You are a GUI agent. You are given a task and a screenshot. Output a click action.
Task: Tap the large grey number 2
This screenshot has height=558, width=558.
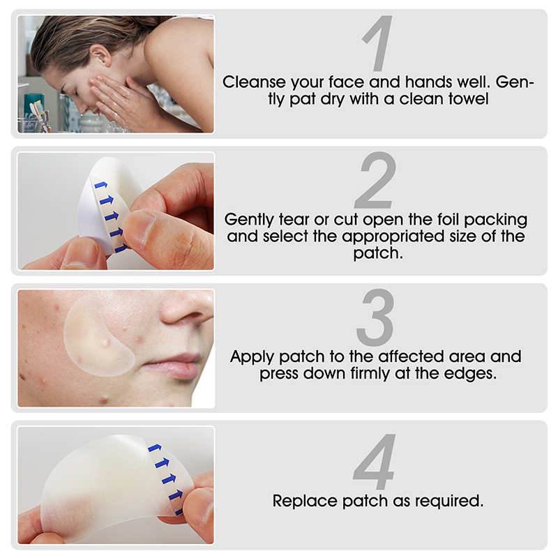pos(375,180)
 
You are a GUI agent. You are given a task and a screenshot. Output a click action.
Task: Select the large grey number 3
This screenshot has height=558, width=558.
pos(375,317)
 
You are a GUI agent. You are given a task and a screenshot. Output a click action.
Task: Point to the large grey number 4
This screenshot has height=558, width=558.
pos(375,461)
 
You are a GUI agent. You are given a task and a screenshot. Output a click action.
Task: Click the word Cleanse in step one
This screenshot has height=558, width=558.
pos(254,82)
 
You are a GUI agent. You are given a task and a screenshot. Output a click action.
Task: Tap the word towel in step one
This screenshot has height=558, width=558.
pos(469,98)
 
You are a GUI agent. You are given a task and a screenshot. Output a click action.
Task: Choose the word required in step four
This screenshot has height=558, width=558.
pos(449,501)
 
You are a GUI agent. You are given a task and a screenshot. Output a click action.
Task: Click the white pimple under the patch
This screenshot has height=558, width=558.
pos(105,342)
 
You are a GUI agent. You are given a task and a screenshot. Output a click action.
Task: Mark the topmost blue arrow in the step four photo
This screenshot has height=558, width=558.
pos(154,448)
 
